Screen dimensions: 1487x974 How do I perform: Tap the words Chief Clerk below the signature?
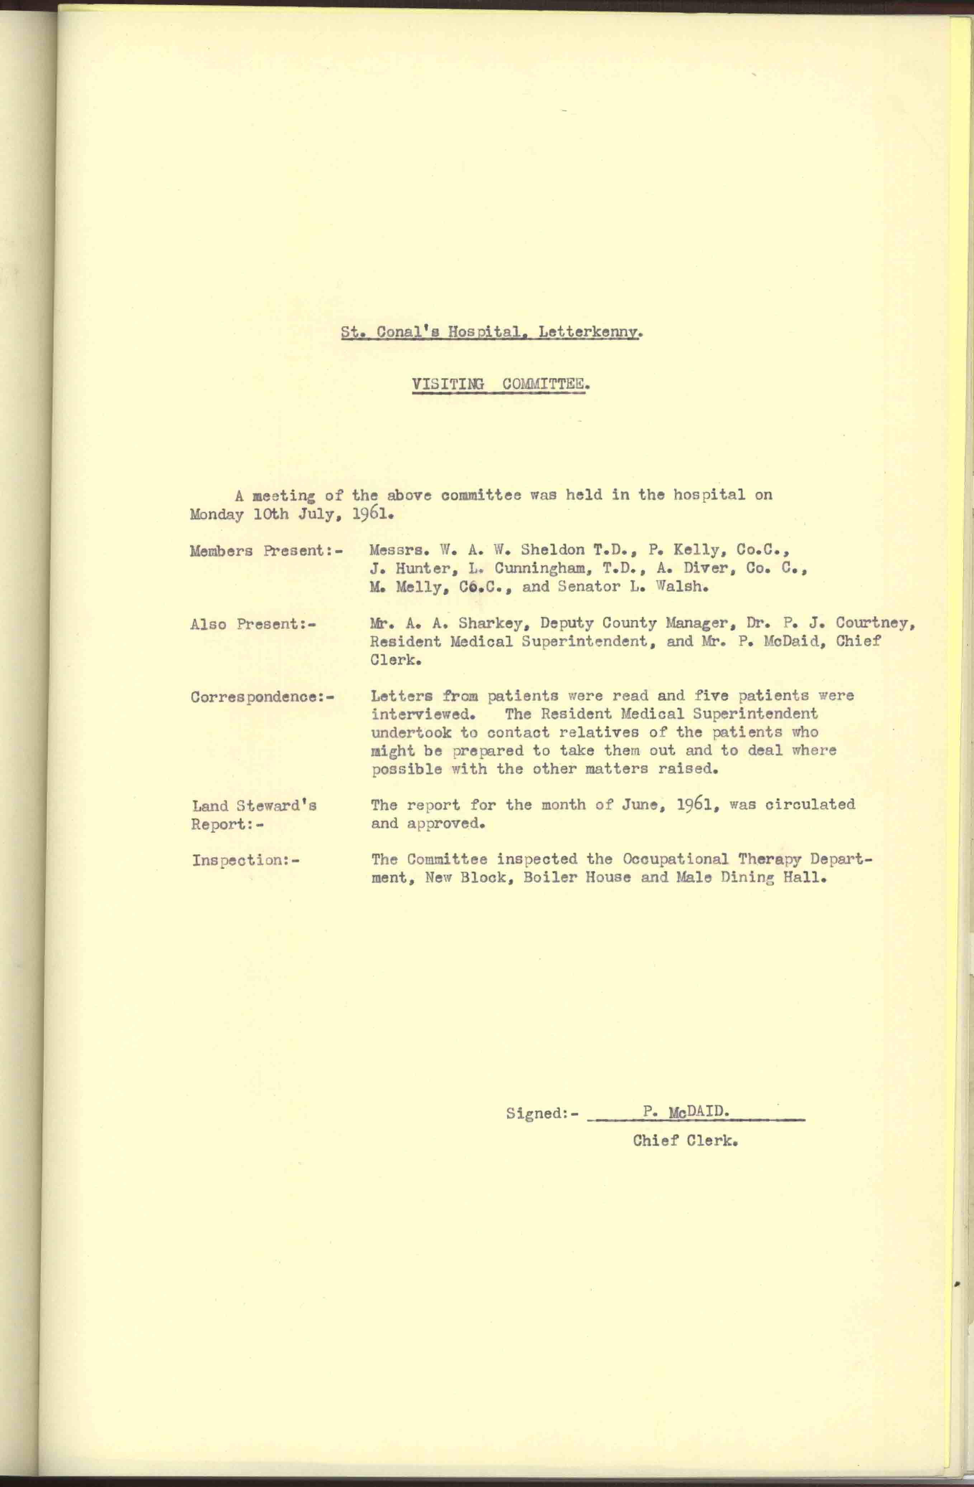685,1140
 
